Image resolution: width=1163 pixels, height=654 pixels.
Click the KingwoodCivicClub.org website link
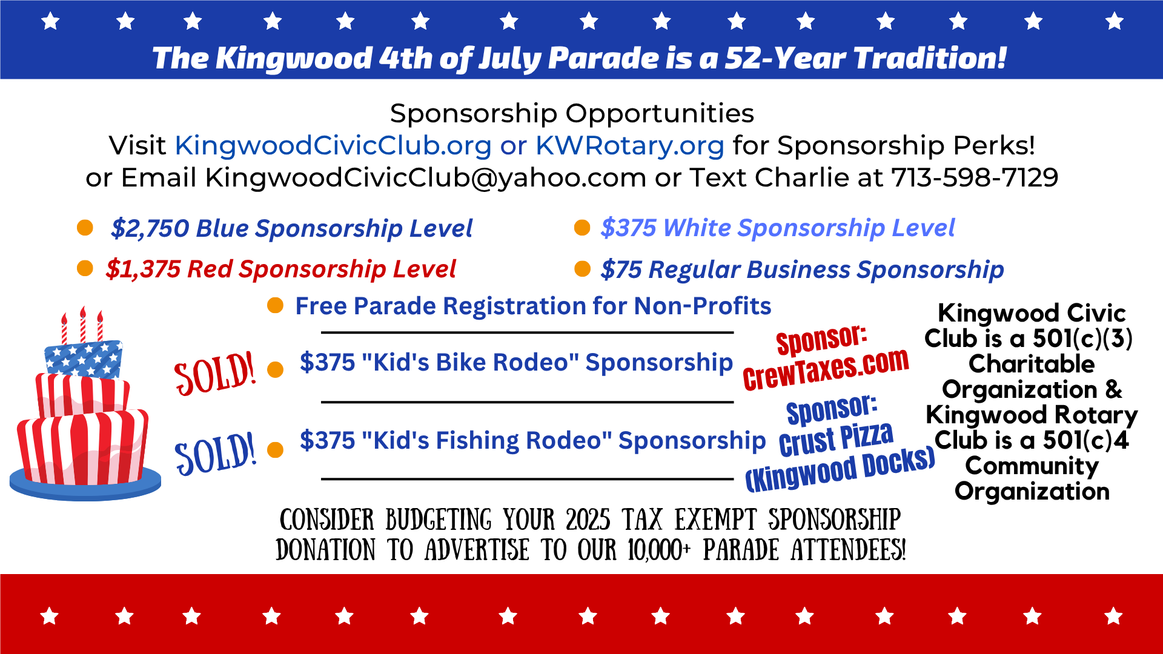click(x=333, y=145)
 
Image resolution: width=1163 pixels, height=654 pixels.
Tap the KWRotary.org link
click(x=630, y=145)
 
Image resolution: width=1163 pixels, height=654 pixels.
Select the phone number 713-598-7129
click(x=975, y=177)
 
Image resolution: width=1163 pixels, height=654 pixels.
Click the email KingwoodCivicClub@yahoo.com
click(x=426, y=177)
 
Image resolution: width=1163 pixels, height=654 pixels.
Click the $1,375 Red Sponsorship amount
click(x=143, y=269)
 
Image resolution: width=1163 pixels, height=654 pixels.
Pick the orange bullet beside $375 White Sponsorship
click(x=582, y=228)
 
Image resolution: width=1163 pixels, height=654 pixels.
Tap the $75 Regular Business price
click(x=621, y=269)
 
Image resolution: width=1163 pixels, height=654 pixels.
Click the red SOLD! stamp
click(x=215, y=374)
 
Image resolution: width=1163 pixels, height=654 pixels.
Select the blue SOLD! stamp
click(x=215, y=453)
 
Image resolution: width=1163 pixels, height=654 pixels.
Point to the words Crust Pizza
click(x=836, y=439)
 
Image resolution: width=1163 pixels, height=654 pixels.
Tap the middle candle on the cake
click(x=83, y=325)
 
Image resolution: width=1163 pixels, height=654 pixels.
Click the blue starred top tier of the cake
click(x=84, y=359)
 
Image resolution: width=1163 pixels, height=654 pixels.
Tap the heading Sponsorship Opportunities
click(x=572, y=113)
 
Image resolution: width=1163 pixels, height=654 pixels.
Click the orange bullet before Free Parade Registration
click(x=276, y=306)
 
